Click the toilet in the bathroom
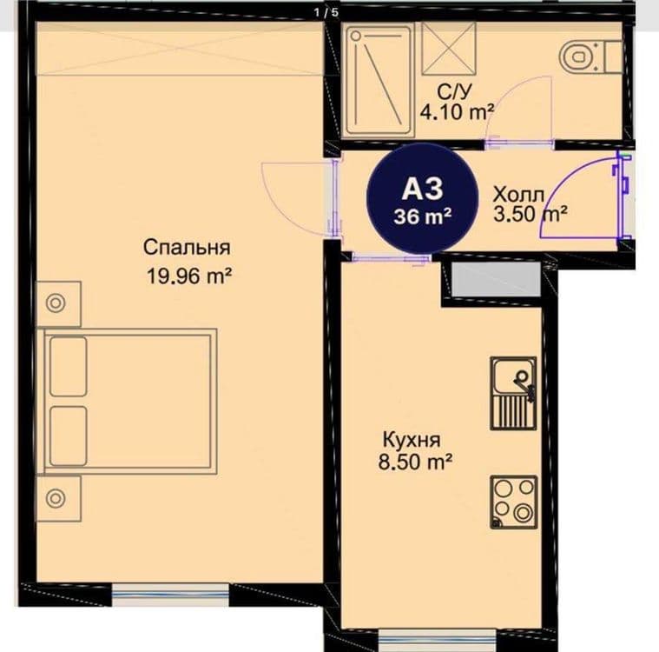pyautogui.click(x=590, y=57)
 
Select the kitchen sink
pyautogui.click(x=514, y=394)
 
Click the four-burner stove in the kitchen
pyautogui.click(x=514, y=502)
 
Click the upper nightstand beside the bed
pyautogui.click(x=58, y=303)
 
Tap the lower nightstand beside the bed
pyautogui.click(x=58, y=499)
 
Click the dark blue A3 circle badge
pyautogui.click(x=423, y=199)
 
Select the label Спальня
pyautogui.click(x=187, y=248)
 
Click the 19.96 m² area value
pyautogui.click(x=189, y=276)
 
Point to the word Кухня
pyautogui.click(x=412, y=440)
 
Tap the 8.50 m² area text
pyautogui.click(x=415, y=462)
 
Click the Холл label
pyautogui.click(x=518, y=195)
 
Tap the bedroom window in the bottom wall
pyautogui.click(x=170, y=595)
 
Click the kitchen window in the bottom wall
pyautogui.click(x=437, y=640)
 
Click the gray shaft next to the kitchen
pyautogui.click(x=498, y=279)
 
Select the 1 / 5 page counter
pyautogui.click(x=326, y=12)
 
